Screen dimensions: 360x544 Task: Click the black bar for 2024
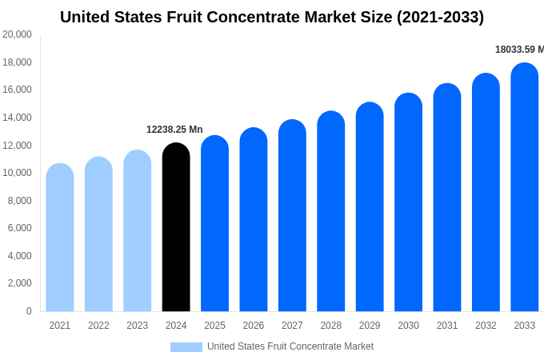click(x=176, y=228)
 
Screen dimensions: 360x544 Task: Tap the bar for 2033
click(x=524, y=188)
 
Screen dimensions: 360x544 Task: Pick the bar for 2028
click(x=330, y=212)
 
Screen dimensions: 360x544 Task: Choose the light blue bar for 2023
click(x=138, y=231)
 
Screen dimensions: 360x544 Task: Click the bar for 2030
click(x=408, y=203)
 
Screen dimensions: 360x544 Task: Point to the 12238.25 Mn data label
click(x=174, y=130)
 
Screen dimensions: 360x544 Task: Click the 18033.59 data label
click(x=518, y=50)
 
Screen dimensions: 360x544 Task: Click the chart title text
click(x=272, y=17)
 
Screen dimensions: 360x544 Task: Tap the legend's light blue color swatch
click(x=186, y=347)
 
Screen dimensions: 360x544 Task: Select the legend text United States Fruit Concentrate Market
click(x=290, y=346)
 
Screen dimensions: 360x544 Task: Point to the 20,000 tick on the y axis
click(x=18, y=34)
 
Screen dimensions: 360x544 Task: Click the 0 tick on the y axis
click(x=29, y=311)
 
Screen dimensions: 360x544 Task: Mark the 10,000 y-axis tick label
click(x=18, y=173)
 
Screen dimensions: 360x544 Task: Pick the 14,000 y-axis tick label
click(x=18, y=118)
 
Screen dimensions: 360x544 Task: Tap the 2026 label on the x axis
click(x=254, y=326)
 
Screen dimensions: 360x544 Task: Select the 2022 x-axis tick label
click(x=98, y=326)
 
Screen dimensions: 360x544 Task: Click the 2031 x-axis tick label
click(x=447, y=326)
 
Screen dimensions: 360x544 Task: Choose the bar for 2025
click(x=214, y=224)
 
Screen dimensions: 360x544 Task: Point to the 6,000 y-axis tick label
click(x=20, y=228)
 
